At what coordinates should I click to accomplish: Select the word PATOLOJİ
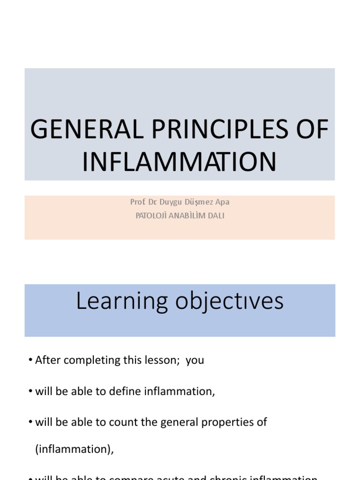[x=151, y=217]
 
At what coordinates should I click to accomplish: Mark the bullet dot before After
[x=30, y=361]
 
